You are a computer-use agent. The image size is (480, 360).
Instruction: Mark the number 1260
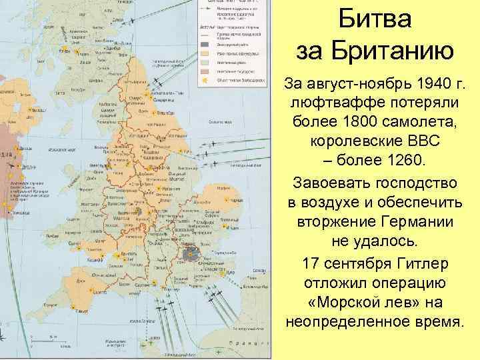400,163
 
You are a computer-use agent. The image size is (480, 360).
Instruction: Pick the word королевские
353,143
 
